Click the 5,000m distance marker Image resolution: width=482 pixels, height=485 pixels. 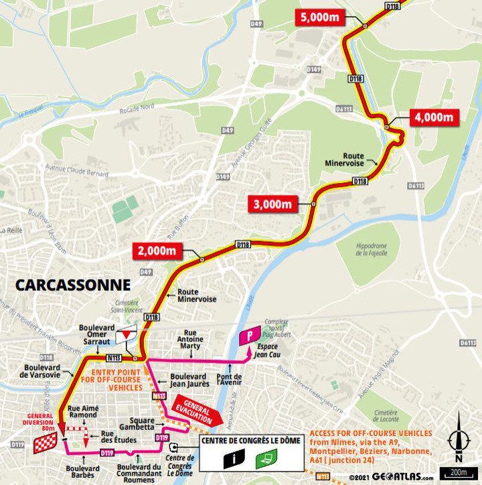coord(319,17)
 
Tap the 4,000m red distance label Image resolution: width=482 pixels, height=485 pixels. coord(434,117)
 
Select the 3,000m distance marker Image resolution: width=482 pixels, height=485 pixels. coord(272,204)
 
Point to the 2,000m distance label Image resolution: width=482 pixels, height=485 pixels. coord(157,251)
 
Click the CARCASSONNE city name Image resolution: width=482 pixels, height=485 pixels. coord(73,285)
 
